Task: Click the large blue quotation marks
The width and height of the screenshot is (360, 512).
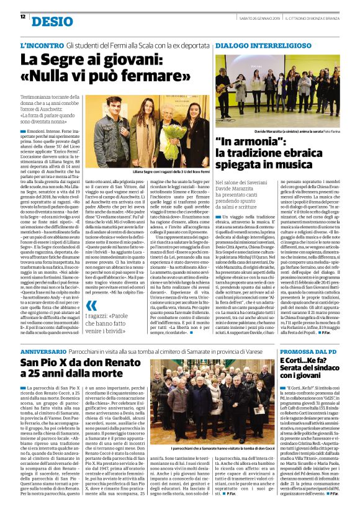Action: click(91, 305)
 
